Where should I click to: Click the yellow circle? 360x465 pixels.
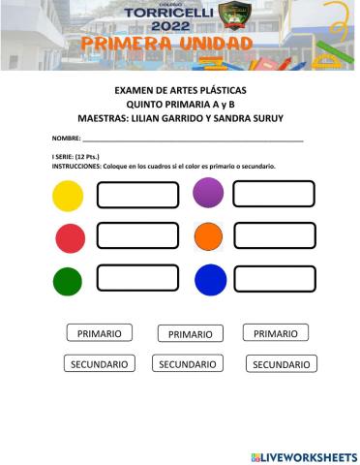pyautogui.click(x=68, y=196)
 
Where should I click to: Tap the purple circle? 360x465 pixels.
pyautogui.click(x=208, y=193)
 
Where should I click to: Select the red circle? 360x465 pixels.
pyautogui.click(x=70, y=237)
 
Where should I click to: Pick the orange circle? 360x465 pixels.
pyautogui.click(x=208, y=236)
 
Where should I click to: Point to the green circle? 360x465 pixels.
pyautogui.click(x=68, y=282)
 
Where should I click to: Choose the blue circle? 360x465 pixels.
pyautogui.click(x=209, y=280)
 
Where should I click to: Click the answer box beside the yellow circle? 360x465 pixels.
pyautogui.click(x=137, y=195)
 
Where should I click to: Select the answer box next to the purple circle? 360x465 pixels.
pyautogui.click(x=274, y=194)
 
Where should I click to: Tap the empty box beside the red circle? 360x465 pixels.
pyautogui.click(x=137, y=236)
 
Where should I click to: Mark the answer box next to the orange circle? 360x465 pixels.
pyautogui.click(x=274, y=236)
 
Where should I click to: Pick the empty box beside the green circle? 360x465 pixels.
pyautogui.click(x=137, y=281)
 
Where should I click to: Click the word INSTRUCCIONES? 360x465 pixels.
pyautogui.click(x=82, y=167)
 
